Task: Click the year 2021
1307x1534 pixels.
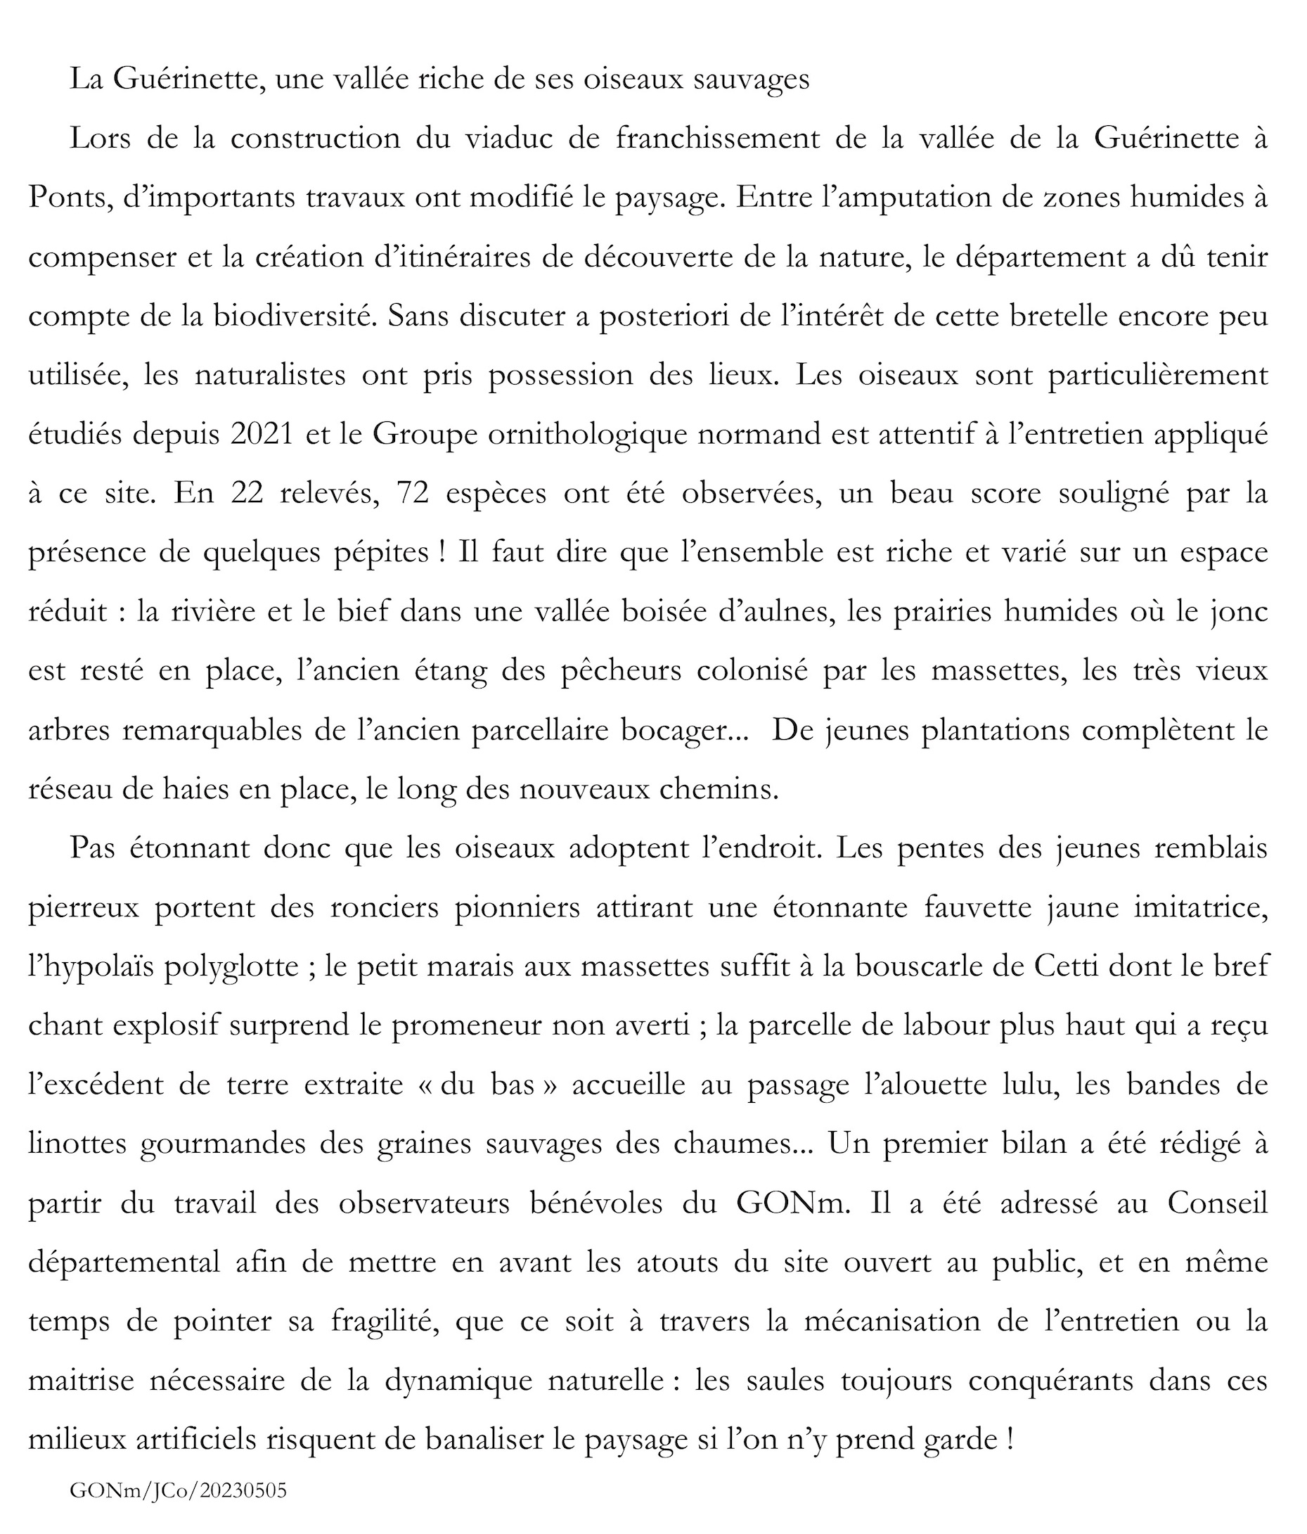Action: (x=262, y=435)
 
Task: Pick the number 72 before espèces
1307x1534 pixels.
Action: (x=413, y=494)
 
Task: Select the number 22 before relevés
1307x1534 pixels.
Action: (x=247, y=494)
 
